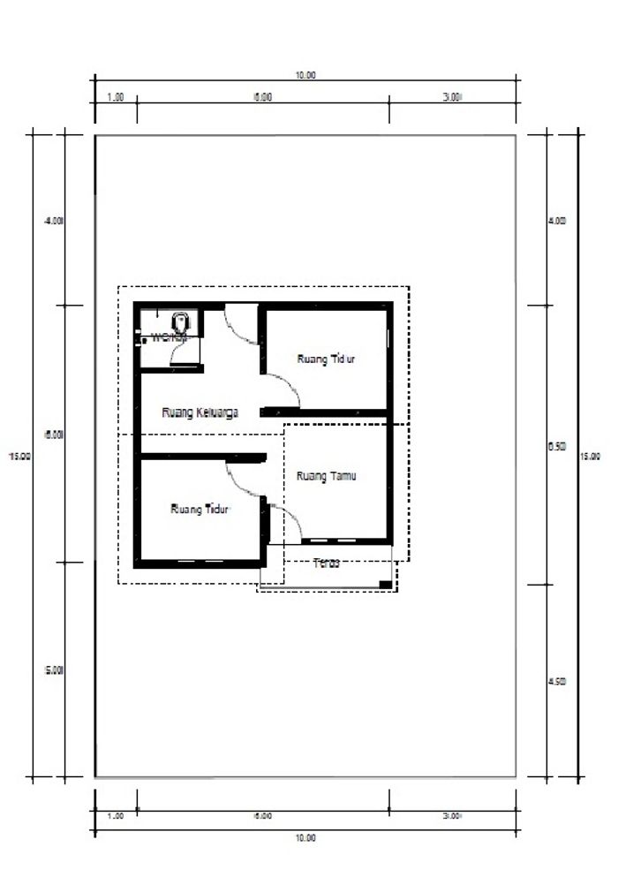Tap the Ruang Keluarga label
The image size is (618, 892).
[200, 412]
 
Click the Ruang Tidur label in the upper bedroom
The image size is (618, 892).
[326, 359]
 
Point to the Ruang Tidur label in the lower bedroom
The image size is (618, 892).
[200, 509]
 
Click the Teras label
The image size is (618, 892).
[327, 563]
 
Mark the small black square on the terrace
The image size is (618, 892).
[385, 585]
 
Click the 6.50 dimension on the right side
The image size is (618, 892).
[557, 447]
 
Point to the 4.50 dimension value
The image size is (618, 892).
[557, 682]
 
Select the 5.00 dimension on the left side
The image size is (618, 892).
[53, 670]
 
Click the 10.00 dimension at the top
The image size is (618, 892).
[305, 76]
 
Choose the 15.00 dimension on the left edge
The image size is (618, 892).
[19, 456]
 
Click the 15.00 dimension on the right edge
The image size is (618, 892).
[590, 456]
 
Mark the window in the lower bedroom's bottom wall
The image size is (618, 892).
[200, 562]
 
